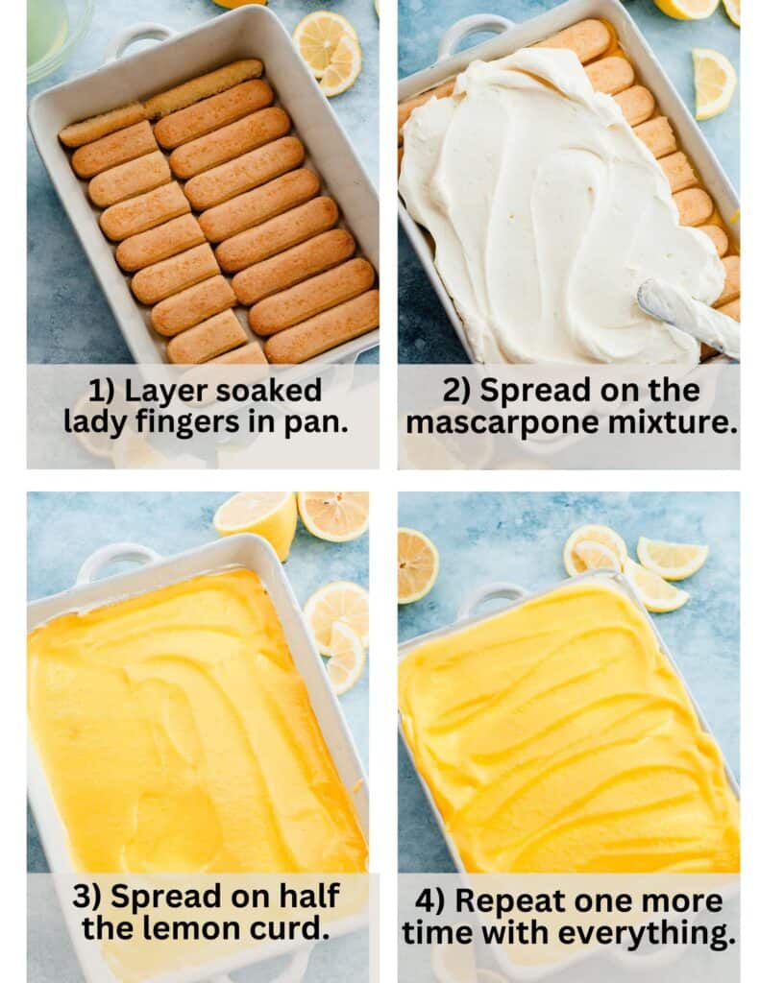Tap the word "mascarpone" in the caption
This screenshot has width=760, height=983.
tap(505, 421)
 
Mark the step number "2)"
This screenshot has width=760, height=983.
tap(458, 391)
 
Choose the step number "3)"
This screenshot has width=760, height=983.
tap(87, 897)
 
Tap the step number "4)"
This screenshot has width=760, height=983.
tap(431, 901)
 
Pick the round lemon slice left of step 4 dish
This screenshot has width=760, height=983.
tap(418, 565)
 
